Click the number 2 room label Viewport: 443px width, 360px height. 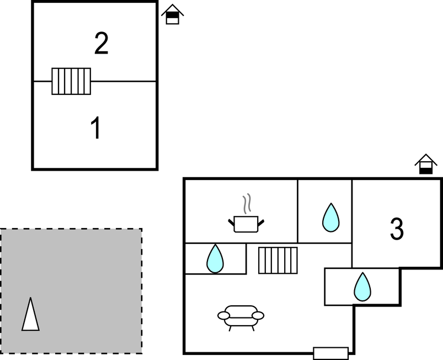101,44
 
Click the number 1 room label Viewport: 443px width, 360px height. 96,128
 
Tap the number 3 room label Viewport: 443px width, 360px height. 397,229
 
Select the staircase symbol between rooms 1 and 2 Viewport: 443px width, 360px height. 71,81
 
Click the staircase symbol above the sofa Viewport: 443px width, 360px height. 278,260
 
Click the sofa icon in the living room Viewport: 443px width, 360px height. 241,316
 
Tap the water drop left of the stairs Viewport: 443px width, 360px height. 215,258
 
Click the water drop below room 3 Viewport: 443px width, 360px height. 362,287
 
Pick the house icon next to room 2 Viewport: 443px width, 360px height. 173,14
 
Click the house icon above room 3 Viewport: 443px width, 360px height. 425,165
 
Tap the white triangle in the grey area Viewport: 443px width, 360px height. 30,315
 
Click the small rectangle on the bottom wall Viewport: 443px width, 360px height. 330,353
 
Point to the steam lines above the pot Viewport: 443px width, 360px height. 248,203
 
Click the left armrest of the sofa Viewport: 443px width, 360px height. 224,315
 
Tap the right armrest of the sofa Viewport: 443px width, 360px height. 258,315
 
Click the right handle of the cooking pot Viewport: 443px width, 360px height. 261,222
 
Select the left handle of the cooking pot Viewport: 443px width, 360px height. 231,222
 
